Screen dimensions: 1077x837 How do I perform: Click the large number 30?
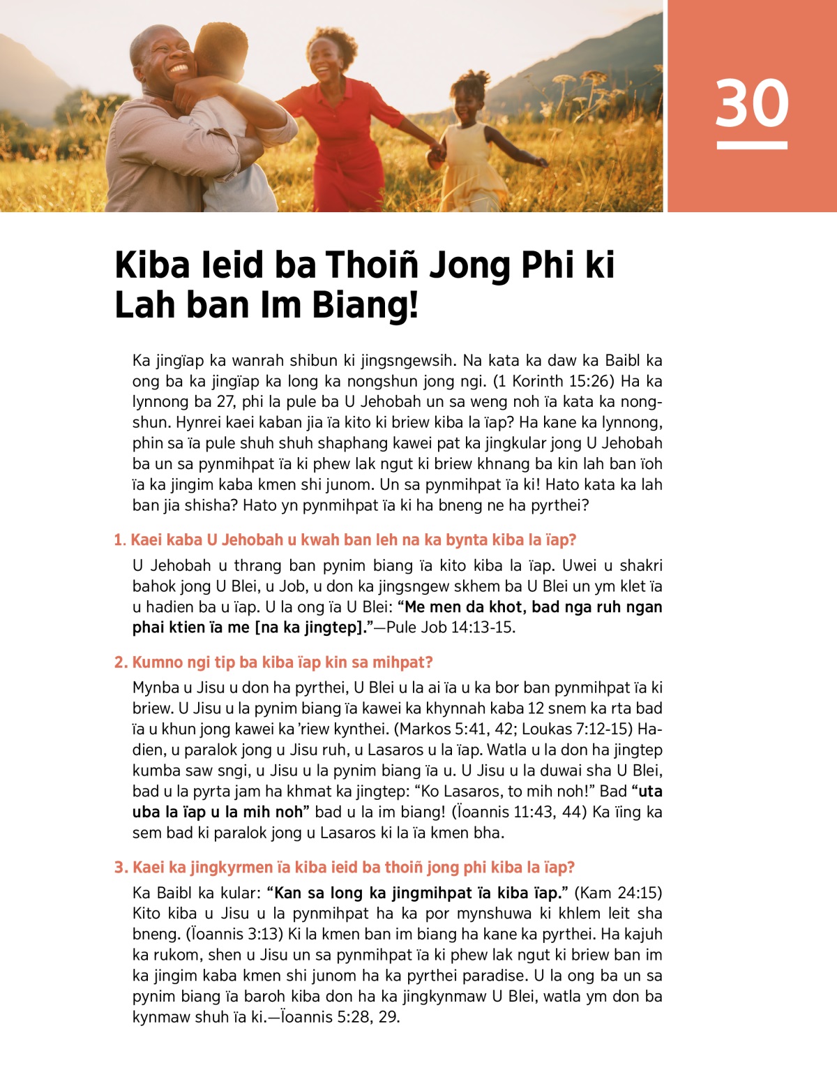pos(752,103)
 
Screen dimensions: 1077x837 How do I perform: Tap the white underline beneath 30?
pos(752,146)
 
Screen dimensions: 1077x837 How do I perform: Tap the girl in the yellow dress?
pos(474,150)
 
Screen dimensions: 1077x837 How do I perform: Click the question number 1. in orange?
pos(120,540)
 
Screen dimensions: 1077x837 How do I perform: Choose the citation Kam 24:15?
pos(617,893)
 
